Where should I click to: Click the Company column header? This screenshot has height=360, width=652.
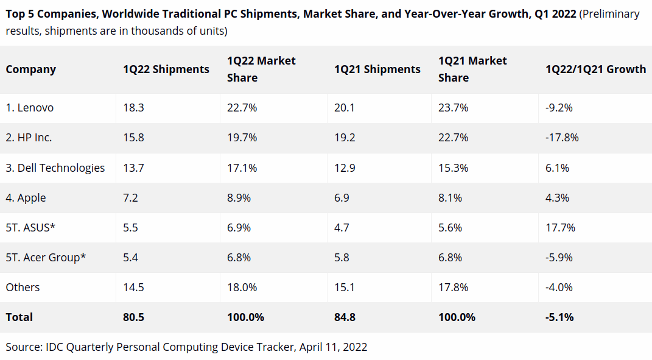tap(31, 69)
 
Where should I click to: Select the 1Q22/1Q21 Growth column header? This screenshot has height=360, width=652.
tap(595, 69)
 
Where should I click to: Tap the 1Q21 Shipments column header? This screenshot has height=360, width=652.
tap(377, 69)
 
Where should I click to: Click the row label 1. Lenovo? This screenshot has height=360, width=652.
tap(30, 108)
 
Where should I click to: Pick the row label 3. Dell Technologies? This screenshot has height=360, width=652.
tap(55, 168)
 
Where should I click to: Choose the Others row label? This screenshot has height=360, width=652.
tap(23, 288)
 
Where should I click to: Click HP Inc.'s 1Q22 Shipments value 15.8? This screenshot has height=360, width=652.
tap(133, 138)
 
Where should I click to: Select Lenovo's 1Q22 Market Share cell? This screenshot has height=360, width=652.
tap(242, 108)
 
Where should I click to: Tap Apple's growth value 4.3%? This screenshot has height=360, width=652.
tap(557, 198)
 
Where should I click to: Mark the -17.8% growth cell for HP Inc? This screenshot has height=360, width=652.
tap(562, 138)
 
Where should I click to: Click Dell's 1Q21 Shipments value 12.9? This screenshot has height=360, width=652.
tap(345, 168)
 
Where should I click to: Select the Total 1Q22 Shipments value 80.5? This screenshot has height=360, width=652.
tap(133, 317)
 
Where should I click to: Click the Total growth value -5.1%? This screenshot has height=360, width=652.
tap(559, 317)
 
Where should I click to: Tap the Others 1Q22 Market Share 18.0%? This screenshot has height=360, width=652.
tap(242, 288)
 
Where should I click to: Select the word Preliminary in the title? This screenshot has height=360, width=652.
tap(610, 14)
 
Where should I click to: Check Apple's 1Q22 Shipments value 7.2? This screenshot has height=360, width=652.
tap(130, 198)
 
